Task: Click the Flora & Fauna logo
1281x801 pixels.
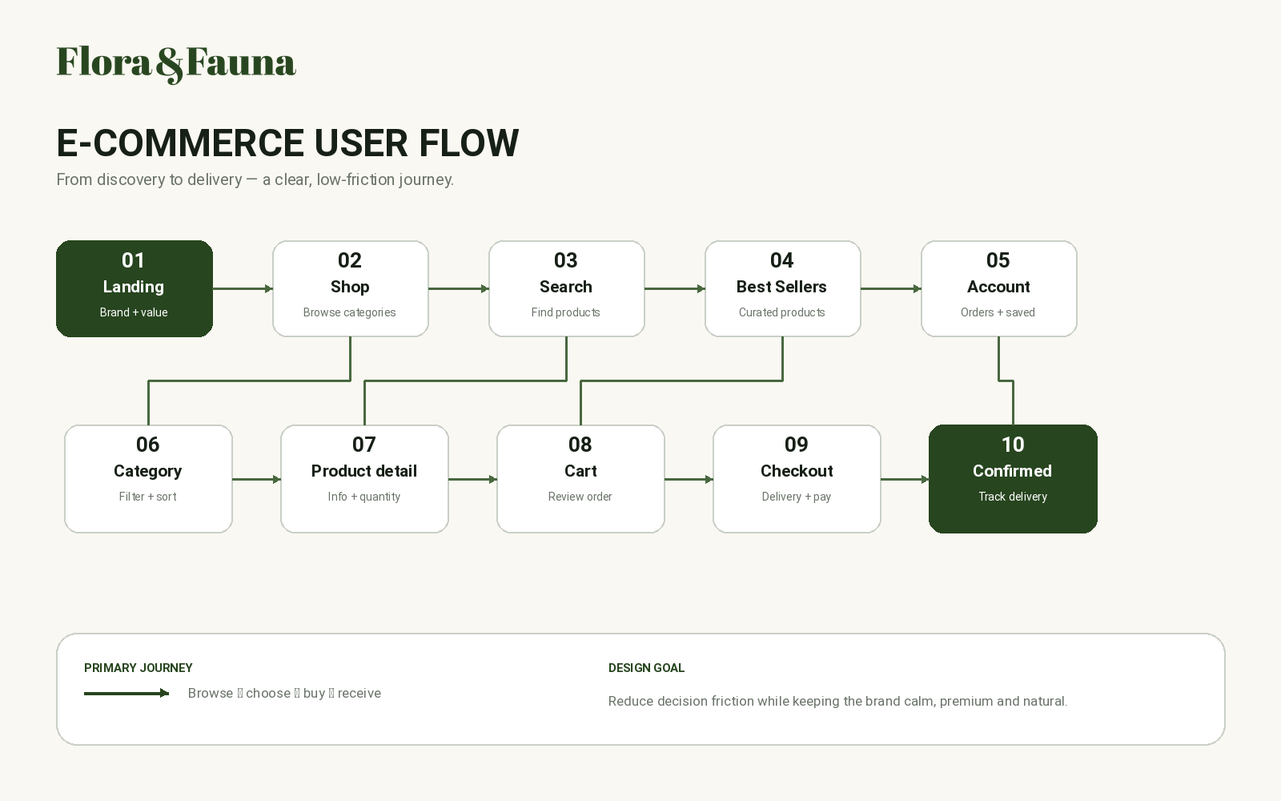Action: pyautogui.click(x=176, y=64)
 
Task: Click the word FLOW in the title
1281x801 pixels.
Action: pyautogui.click(x=469, y=143)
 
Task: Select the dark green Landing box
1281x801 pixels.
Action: pyautogui.click(x=135, y=288)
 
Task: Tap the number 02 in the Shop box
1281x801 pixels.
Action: pyautogui.click(x=350, y=260)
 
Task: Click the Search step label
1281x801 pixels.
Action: pyautogui.click(x=566, y=287)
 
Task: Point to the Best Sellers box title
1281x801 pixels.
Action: pyautogui.click(x=781, y=287)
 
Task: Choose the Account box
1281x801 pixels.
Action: pyautogui.click(x=999, y=288)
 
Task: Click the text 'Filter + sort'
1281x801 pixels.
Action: pyautogui.click(x=147, y=497)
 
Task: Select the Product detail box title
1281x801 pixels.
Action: pyautogui.click(x=364, y=471)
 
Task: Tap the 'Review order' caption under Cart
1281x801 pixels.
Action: pyautogui.click(x=580, y=497)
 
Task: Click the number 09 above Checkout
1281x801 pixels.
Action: pyautogui.click(x=797, y=445)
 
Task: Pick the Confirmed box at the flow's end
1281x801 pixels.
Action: pyautogui.click(x=1013, y=479)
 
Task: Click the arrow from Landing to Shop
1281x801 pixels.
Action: pyautogui.click(x=243, y=289)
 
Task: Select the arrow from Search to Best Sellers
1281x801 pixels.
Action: pyautogui.click(x=675, y=289)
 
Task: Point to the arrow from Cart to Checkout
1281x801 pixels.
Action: pyautogui.click(x=689, y=480)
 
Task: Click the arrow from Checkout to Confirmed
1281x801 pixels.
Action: pyautogui.click(x=905, y=480)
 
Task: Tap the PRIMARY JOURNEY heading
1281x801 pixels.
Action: pyautogui.click(x=139, y=668)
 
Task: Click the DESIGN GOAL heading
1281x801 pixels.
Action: pyautogui.click(x=646, y=668)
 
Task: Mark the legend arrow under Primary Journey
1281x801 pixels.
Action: pyautogui.click(x=126, y=694)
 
